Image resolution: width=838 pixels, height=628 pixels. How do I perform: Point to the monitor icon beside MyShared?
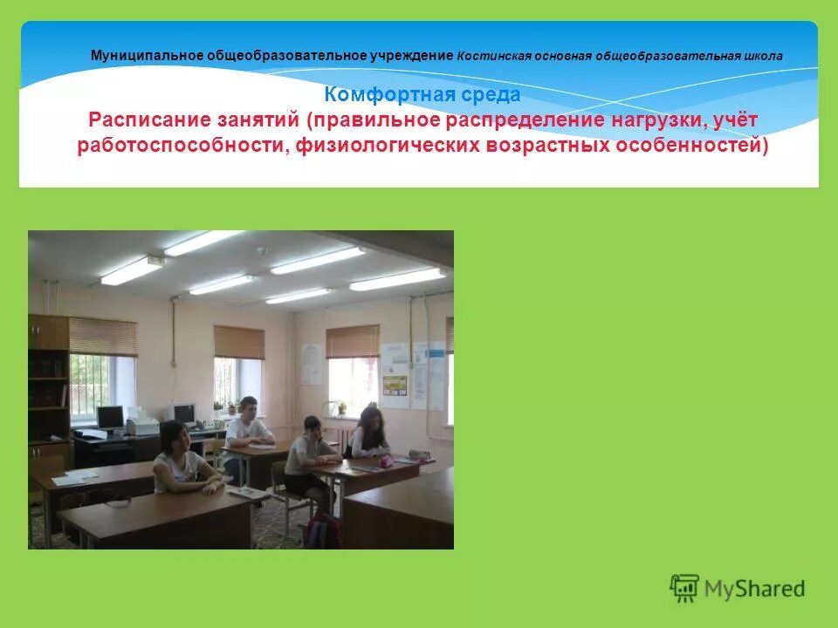(684, 587)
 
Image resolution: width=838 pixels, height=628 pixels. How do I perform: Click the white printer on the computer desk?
(142, 426)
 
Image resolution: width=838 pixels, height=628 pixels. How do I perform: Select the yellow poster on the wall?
(395, 386)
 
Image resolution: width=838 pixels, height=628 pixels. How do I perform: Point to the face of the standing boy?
(249, 407)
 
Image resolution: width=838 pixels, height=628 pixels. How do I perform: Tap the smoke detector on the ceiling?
(260, 251)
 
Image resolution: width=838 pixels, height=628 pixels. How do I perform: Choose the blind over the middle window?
(238, 342)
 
